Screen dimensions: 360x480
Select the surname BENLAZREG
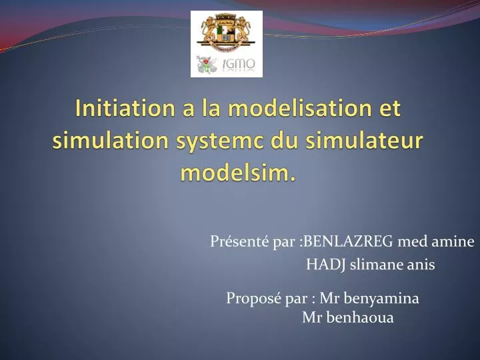347,241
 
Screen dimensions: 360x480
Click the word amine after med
457,241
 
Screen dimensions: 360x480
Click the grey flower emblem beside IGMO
207,65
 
